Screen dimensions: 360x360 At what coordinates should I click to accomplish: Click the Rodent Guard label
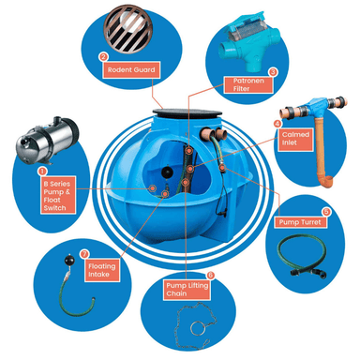pos(131,69)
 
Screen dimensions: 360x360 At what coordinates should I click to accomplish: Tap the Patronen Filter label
pos(248,84)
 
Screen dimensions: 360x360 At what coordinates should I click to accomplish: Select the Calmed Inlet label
pos(295,140)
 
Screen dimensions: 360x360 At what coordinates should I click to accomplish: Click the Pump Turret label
pos(300,222)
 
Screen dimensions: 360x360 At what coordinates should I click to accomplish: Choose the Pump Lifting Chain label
pos(187,290)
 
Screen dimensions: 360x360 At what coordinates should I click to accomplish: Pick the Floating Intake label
pos(102,270)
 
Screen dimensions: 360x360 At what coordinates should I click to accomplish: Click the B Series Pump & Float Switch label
pos(58,196)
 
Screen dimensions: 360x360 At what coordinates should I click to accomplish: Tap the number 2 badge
pos(103,57)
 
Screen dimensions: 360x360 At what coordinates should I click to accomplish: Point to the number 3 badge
pos(273,72)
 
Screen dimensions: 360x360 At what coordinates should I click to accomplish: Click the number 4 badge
pos(277,124)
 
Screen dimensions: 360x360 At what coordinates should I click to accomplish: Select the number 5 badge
pos(326,212)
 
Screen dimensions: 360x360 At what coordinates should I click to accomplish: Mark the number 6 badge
pos(211,275)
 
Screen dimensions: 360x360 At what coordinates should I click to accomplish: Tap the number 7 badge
pos(84,254)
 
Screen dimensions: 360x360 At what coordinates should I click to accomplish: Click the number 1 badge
pos(42,172)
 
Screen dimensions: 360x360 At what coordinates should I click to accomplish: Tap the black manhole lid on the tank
pos(187,112)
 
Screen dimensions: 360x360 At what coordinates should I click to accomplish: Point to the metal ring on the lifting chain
pos(198,329)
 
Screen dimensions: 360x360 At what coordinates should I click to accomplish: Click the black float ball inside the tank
pos(166,172)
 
